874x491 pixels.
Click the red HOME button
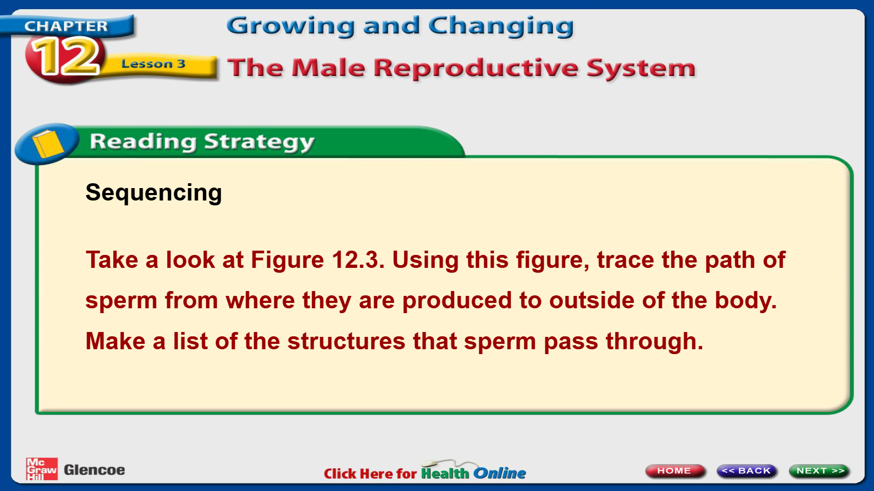pos(675,471)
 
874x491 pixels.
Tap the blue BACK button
pos(747,471)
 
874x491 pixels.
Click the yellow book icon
pos(47,143)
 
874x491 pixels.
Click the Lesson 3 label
pos(153,64)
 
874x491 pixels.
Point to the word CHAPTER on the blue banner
pos(66,26)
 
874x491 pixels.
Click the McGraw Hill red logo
pos(42,469)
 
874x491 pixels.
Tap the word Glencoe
pos(94,470)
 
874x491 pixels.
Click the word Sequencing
pos(154,193)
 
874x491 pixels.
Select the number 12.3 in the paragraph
pos(358,260)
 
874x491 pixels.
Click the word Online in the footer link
pos(500,473)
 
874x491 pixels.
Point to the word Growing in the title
pos(290,26)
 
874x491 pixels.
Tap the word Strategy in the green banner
pos(259,142)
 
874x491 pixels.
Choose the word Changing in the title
pos(501,26)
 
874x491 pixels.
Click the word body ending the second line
pos(746,300)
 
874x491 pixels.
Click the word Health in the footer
pos(445,473)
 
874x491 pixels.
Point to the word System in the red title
pos(641,68)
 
